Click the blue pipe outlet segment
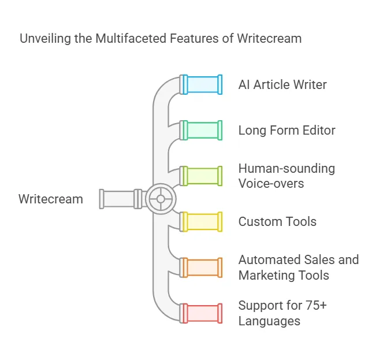[201, 84]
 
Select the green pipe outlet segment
[201, 130]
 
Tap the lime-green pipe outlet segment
[201, 176]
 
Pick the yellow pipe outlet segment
[201, 221]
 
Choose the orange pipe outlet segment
[201, 267]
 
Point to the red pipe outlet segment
[201, 313]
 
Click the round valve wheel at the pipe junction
[160, 199]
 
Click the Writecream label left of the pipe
[51, 199]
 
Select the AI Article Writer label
[282, 85]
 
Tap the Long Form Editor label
[287, 131]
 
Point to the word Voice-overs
[272, 183]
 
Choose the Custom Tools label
[277, 222]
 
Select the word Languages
[269, 321]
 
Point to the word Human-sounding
[287, 169]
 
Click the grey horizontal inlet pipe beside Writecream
[118, 199]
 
